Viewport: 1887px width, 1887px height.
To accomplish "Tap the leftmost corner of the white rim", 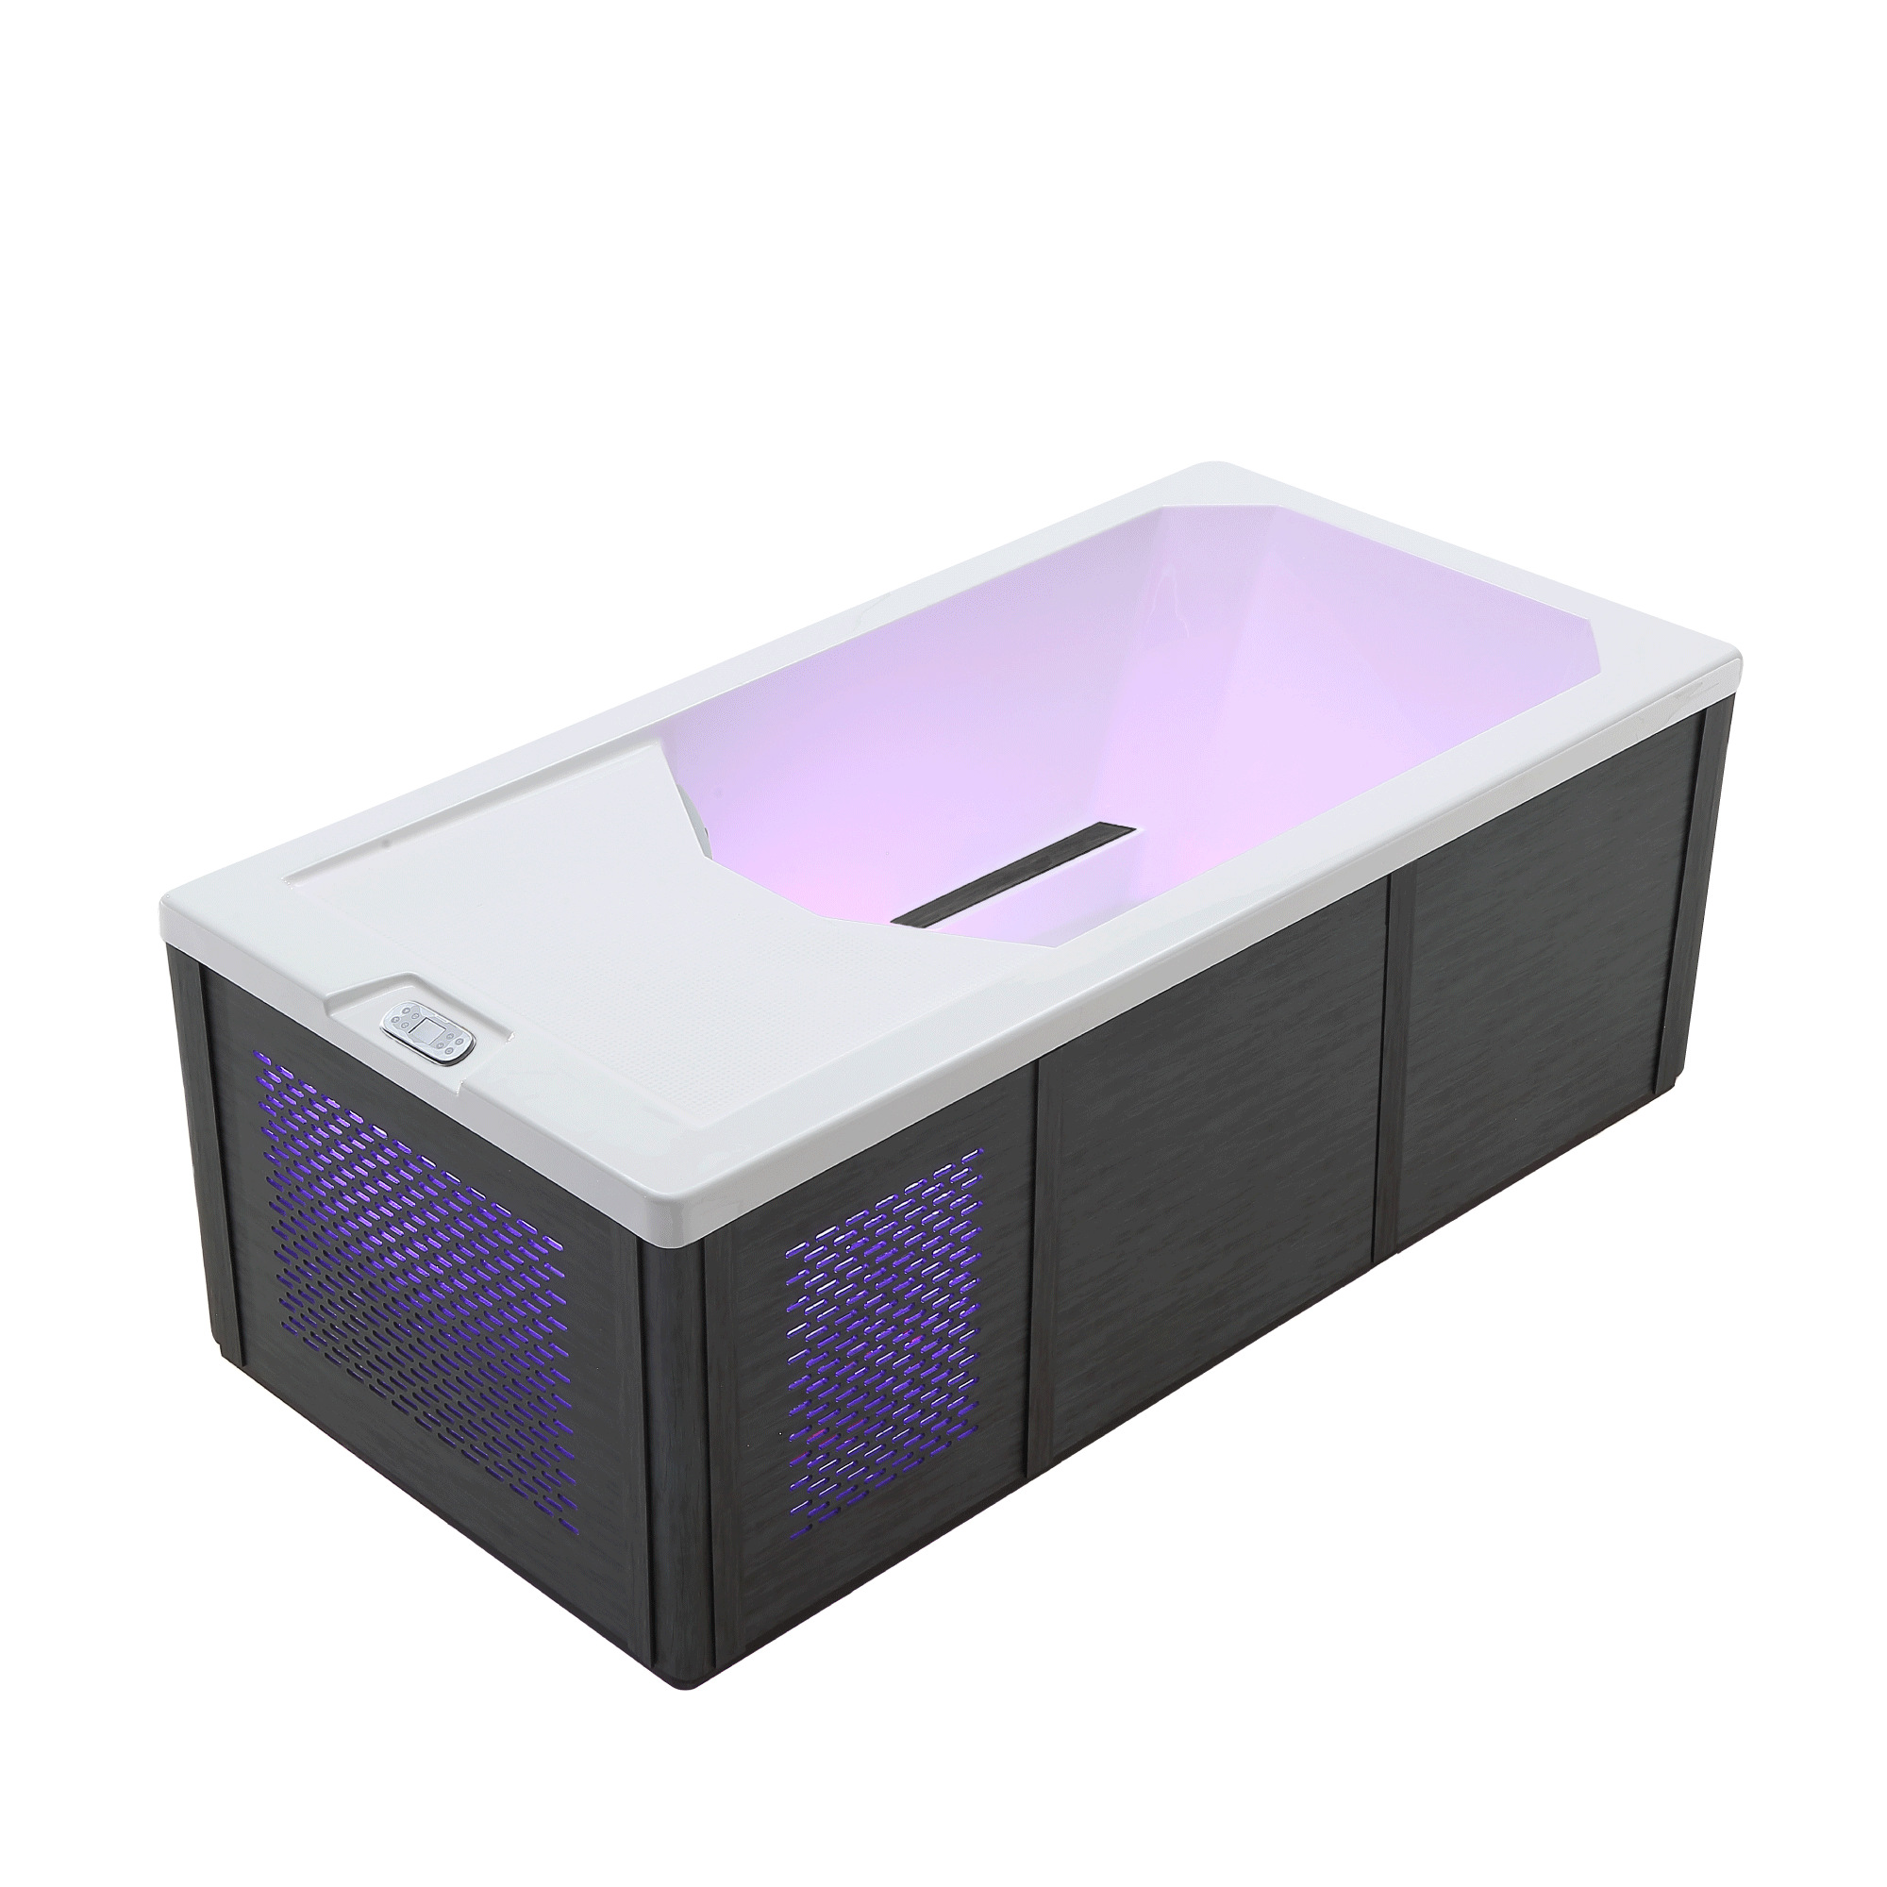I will [164, 904].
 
